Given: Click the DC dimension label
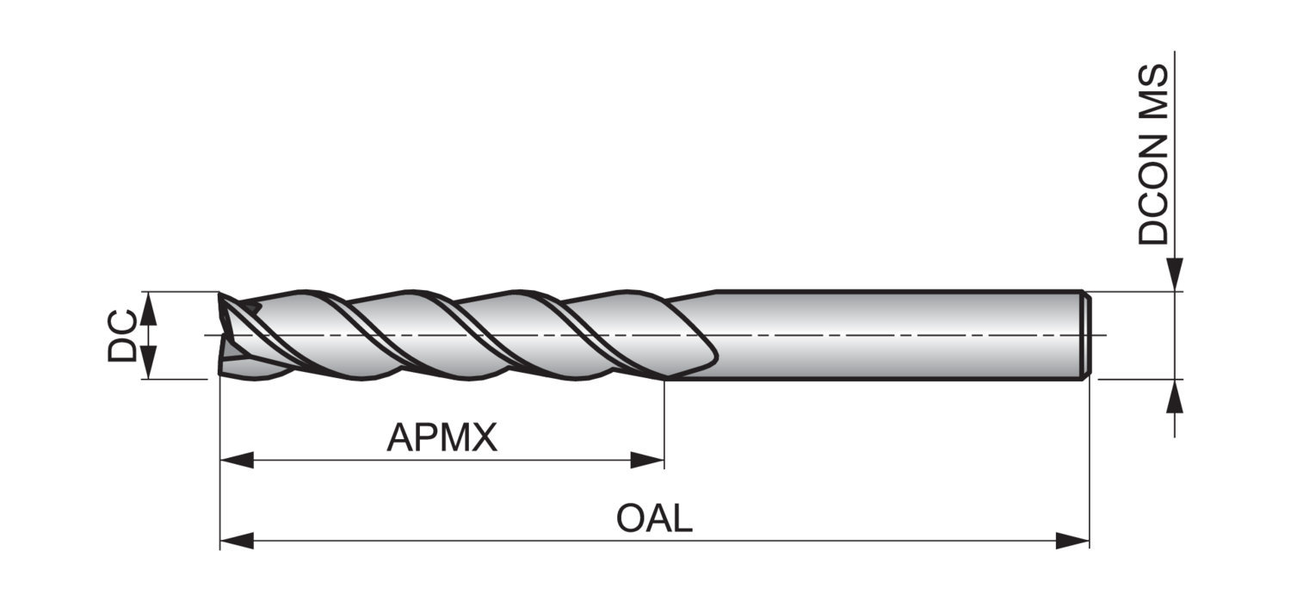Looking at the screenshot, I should point(121,335).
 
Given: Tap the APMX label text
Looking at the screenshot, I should point(442,438).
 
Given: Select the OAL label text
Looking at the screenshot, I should point(654,519).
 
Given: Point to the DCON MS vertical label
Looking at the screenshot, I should point(1153,155).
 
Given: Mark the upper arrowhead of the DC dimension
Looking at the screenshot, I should point(149,307).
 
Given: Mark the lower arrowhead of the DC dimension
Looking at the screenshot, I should point(149,362).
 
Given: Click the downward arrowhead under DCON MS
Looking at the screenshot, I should point(1175,274).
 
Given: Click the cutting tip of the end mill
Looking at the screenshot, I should point(225,336).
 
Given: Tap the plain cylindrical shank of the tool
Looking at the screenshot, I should point(895,335).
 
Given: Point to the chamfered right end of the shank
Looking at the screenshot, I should point(1086,335).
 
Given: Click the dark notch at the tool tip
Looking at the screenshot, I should point(250,307).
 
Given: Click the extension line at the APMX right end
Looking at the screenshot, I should point(664,422).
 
